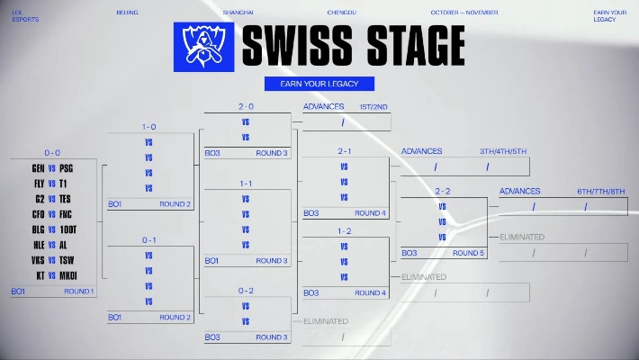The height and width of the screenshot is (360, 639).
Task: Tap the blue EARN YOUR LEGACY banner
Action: (x=319, y=84)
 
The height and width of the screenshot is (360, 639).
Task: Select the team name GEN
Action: (x=38, y=168)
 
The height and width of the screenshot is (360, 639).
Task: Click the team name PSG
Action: (x=67, y=168)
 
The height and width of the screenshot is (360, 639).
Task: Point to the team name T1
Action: (x=63, y=184)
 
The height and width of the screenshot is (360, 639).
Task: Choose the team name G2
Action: (x=39, y=199)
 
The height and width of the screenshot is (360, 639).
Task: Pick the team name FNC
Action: (x=67, y=214)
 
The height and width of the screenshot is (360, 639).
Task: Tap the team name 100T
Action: (x=68, y=229)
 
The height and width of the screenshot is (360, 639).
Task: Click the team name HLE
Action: (x=38, y=245)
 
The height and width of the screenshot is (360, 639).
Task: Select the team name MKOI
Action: (x=69, y=275)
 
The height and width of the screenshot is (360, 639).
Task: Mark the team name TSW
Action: (x=67, y=260)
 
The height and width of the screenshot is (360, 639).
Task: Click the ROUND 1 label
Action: (x=78, y=292)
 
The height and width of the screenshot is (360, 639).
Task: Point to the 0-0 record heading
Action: (x=52, y=153)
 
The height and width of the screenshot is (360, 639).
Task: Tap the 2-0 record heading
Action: (x=247, y=106)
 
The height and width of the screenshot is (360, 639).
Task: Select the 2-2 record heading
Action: (x=443, y=191)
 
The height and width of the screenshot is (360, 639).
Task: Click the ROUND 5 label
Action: (x=468, y=253)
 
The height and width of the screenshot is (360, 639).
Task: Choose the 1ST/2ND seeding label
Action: (x=373, y=107)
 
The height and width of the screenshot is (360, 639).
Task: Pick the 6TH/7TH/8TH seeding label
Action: (x=602, y=191)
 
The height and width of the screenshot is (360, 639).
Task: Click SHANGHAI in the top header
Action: (x=238, y=13)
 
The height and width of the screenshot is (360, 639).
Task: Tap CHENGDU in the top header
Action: (x=342, y=13)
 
